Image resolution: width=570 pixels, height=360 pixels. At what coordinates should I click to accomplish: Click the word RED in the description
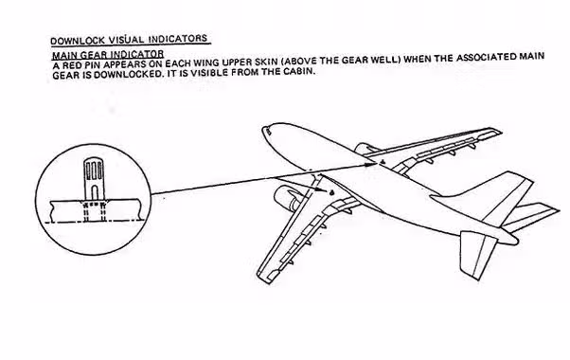[x=69, y=65]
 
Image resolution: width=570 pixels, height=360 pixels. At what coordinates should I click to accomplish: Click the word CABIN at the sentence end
[x=301, y=71]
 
